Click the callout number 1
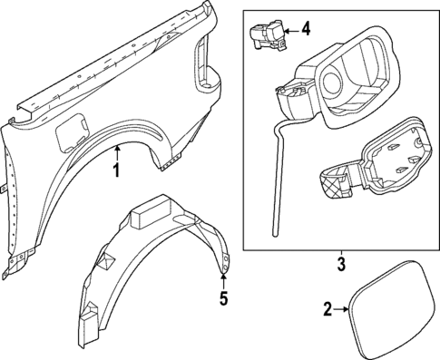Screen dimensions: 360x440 [x=116, y=170]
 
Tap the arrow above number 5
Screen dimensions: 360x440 [x=223, y=276]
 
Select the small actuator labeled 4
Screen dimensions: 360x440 [x=265, y=34]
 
